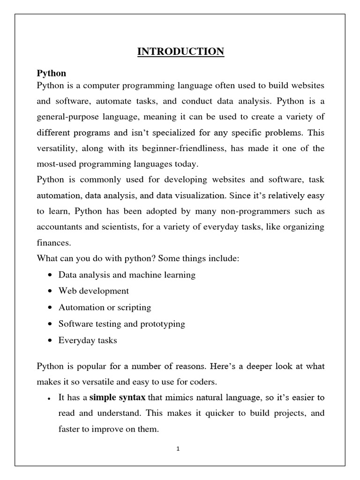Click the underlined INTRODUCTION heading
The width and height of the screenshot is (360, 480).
(180, 51)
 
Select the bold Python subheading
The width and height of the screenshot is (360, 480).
(51, 74)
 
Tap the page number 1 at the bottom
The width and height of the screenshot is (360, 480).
(178, 448)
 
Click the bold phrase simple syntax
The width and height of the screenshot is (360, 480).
(117, 397)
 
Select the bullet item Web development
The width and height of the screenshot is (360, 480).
(93, 291)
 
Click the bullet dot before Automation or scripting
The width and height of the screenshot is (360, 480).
(50, 308)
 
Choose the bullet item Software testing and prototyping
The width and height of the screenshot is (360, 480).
(121, 324)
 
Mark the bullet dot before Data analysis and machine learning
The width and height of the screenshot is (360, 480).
(50, 275)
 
